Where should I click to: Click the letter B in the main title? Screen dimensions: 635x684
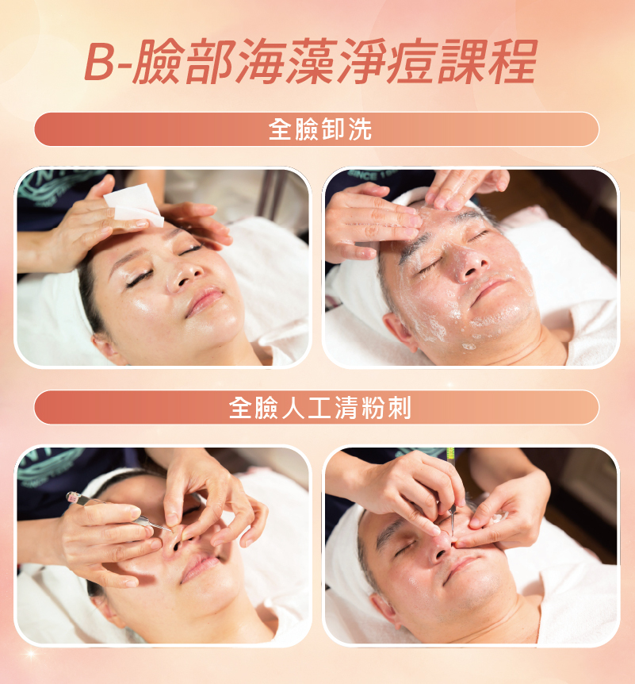[x=99, y=61]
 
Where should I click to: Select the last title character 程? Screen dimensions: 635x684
[x=513, y=61]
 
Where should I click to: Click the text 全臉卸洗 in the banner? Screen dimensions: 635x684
[x=320, y=129]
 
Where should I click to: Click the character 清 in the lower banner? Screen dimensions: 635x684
[x=347, y=407]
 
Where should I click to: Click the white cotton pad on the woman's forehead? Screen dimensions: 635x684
[x=134, y=204]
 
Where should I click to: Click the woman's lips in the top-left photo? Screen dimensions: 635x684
[x=205, y=301]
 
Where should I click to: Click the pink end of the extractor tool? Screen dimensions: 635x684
[x=72, y=497]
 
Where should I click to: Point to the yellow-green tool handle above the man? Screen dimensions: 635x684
[x=450, y=455]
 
